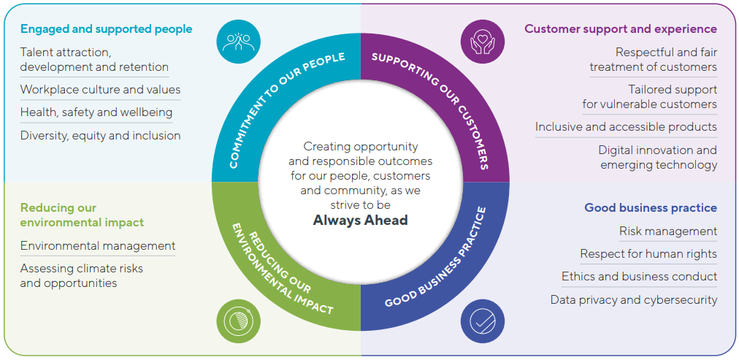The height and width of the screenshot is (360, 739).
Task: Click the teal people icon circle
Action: tap(238, 41)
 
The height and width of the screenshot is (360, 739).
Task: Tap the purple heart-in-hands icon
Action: tap(483, 41)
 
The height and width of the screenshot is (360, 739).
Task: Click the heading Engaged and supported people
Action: tap(106, 29)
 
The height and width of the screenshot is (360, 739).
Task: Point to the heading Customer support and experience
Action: tap(621, 29)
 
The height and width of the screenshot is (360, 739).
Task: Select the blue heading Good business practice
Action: tap(650, 207)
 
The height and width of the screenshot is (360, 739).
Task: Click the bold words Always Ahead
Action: tap(361, 220)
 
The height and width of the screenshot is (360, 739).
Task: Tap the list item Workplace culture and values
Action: tap(100, 90)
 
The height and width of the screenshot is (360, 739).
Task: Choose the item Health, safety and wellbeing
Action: tap(96, 112)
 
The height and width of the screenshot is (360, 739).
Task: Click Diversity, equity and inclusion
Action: tap(100, 135)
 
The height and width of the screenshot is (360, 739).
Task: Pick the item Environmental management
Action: tap(98, 245)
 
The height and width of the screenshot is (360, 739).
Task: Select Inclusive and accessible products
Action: tap(626, 127)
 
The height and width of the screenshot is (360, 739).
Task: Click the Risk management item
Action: tap(668, 231)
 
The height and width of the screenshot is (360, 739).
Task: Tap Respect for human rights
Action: tap(648, 254)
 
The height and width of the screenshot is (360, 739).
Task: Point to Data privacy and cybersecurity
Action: tap(634, 299)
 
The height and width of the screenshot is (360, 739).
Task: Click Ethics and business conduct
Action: tap(639, 277)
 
